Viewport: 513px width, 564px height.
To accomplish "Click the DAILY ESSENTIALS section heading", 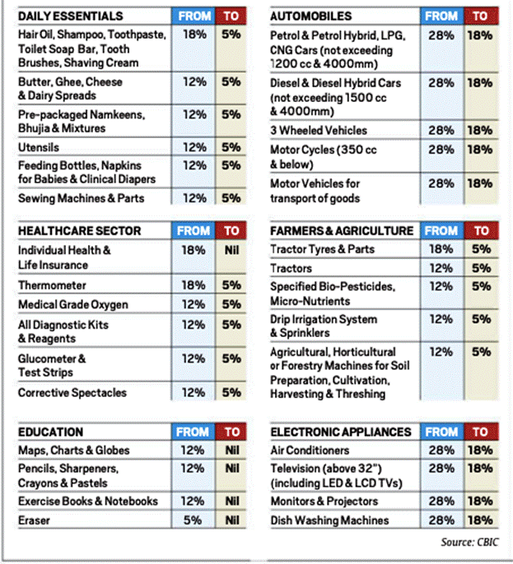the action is [x=71, y=16].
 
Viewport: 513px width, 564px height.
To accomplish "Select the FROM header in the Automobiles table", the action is [x=441, y=16].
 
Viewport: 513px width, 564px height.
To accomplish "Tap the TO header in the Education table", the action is [x=232, y=432].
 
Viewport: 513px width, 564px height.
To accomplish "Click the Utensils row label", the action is [x=39, y=147].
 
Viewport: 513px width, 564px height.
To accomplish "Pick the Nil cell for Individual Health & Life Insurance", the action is [x=231, y=250].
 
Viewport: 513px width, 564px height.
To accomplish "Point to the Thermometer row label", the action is [x=52, y=285].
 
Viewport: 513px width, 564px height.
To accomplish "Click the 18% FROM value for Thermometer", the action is [x=194, y=285].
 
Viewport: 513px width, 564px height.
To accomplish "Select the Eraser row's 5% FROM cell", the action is [x=193, y=520].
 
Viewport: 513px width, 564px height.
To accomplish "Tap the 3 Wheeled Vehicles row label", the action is [x=319, y=130].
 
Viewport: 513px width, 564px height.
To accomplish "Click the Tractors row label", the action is [x=291, y=268].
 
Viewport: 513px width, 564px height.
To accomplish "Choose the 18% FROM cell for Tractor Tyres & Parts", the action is [x=441, y=249].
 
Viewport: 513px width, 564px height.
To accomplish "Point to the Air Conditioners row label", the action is [x=310, y=450].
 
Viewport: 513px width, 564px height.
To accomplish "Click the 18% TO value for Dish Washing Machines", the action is [x=480, y=520].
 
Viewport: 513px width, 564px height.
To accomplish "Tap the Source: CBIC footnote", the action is [x=469, y=542].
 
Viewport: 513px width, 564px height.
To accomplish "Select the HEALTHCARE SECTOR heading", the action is [x=80, y=230].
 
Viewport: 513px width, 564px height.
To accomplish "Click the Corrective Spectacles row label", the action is [x=72, y=392].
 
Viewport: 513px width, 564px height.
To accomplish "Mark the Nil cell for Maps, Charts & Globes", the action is [x=232, y=450].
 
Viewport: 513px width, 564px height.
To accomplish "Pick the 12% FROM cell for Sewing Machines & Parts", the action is [x=194, y=198].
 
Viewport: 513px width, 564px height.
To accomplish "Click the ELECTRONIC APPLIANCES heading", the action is [x=341, y=432].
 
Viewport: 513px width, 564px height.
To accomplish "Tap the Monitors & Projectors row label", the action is [x=324, y=501].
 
